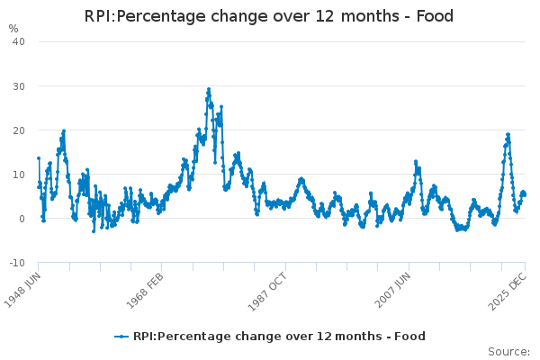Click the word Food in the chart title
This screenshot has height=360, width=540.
pyautogui.click(x=435, y=16)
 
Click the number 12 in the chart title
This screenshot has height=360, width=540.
pyautogui.click(x=324, y=16)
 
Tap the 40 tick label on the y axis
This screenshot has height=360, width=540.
pyautogui.click(x=19, y=41)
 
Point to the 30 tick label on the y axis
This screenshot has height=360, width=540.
pyautogui.click(x=19, y=86)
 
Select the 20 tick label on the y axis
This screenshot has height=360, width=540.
pyautogui.click(x=19, y=130)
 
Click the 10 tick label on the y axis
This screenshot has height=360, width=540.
pyautogui.click(x=19, y=175)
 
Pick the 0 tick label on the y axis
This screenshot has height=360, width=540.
pyautogui.click(x=22, y=219)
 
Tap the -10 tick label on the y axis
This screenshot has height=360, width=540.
pyautogui.click(x=17, y=263)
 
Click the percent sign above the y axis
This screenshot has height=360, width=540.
pyautogui.click(x=13, y=29)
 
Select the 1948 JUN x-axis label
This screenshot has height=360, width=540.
pyautogui.click(x=22, y=290)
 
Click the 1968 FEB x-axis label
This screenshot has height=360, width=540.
pyautogui.click(x=145, y=291)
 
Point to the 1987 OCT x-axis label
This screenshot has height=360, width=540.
pyautogui.click(x=267, y=292)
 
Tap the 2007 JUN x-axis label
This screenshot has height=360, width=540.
pyautogui.click(x=393, y=290)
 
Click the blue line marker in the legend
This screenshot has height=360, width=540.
pyautogui.click(x=121, y=337)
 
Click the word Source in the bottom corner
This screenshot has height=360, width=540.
pyautogui.click(x=508, y=352)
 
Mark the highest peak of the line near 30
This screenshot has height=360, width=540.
pyautogui.click(x=209, y=89)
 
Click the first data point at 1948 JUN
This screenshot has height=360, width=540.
pyautogui.click(x=39, y=158)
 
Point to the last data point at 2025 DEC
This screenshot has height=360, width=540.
pyautogui.click(x=525, y=194)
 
